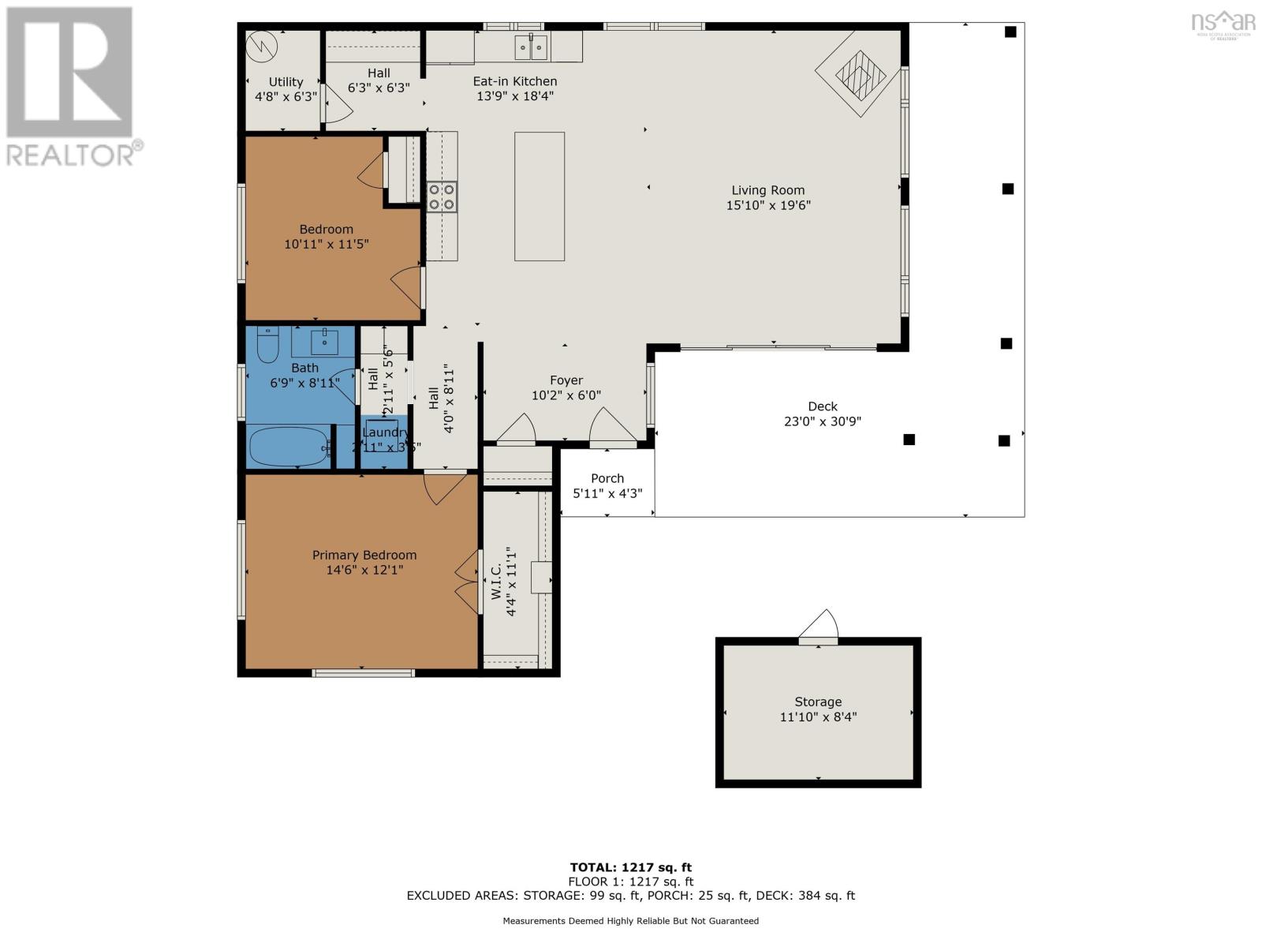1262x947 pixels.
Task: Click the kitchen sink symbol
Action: point(531,48)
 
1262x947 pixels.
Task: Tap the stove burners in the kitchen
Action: point(442,197)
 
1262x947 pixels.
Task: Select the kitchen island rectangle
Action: point(540,197)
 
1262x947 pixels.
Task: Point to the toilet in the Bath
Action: point(268,345)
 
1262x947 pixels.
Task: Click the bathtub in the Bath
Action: point(289,447)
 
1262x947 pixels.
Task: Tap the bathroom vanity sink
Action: point(324,342)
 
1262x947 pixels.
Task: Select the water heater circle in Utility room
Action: point(262,47)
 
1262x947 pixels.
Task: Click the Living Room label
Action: point(767,190)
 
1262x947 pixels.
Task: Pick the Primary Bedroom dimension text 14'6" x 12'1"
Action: point(364,570)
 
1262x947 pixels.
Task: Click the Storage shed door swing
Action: point(820,624)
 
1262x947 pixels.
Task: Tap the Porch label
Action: point(607,478)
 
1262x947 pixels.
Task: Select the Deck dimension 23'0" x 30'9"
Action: point(822,421)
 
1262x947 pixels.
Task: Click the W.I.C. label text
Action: point(497,582)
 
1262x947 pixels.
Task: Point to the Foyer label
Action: point(566,380)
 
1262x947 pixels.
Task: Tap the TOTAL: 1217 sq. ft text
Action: point(630,867)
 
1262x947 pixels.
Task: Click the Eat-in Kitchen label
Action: point(515,81)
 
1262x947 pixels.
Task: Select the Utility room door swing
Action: point(337,105)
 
